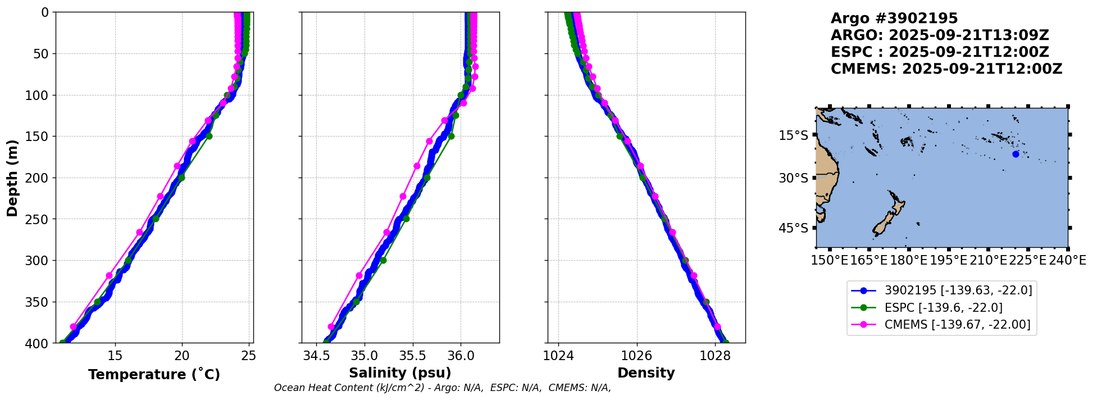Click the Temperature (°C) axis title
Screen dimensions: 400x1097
click(154, 375)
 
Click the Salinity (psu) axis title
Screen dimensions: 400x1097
click(400, 373)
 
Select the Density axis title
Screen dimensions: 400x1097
click(646, 373)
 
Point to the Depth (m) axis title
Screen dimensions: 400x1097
click(12, 178)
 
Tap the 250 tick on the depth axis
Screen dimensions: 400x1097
click(40, 219)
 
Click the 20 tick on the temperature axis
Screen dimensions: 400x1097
click(182, 356)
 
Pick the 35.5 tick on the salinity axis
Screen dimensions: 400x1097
click(412, 356)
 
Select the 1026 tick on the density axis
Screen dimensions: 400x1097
click(637, 356)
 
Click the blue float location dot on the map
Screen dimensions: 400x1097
click(1016, 154)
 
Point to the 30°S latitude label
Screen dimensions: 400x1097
click(793, 178)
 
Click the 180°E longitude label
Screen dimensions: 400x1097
click(908, 260)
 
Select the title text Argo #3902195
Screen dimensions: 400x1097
click(894, 19)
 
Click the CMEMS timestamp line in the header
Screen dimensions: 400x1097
click(946, 69)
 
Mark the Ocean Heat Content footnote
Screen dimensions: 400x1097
click(443, 388)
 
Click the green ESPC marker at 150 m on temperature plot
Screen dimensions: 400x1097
click(209, 136)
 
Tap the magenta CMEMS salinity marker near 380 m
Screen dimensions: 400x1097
click(331, 327)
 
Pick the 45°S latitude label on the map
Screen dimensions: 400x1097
click(793, 228)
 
